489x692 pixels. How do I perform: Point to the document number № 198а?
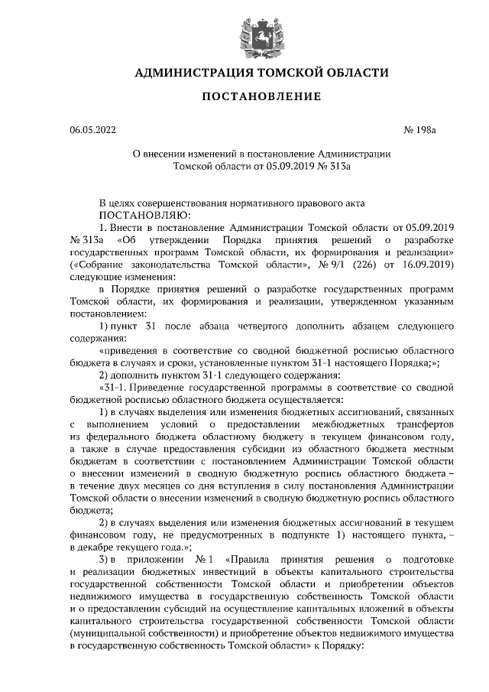coord(419,131)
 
